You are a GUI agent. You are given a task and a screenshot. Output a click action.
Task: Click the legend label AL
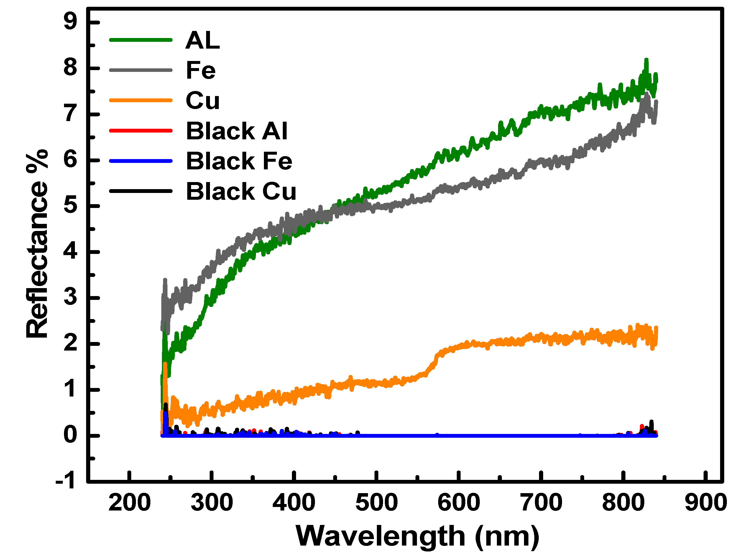point(203,40)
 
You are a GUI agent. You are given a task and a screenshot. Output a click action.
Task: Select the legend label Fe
point(201,70)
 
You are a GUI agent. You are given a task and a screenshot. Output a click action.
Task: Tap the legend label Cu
point(203,100)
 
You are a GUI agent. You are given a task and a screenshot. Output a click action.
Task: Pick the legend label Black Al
point(236,131)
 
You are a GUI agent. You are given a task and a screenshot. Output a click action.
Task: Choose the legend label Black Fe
point(239,161)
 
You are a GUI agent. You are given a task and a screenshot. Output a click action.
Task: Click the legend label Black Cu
point(241,191)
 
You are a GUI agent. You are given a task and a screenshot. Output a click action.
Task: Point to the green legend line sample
point(141,40)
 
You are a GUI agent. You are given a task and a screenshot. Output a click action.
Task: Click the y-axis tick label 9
point(70,22)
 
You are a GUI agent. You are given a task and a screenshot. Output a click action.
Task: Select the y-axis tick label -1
point(66,482)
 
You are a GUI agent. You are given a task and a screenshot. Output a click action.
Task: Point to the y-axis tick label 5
point(70,206)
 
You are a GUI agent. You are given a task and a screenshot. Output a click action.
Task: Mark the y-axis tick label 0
point(70,435)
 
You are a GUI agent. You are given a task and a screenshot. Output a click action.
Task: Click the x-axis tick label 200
point(129,503)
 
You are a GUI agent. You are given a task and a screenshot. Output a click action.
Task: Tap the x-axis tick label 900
point(706,503)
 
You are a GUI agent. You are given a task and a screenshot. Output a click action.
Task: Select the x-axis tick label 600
point(459,503)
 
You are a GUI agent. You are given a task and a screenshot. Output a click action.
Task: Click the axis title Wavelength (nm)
point(417,537)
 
